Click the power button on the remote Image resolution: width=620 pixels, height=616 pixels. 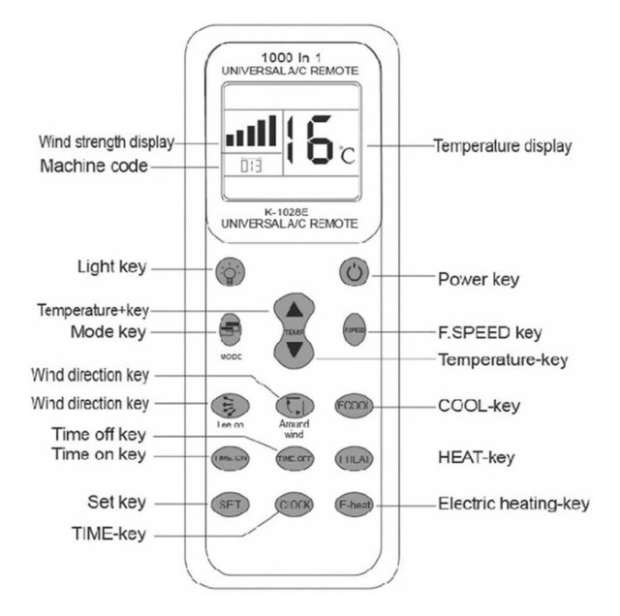click(x=354, y=272)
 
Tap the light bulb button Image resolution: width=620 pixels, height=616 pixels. click(x=229, y=271)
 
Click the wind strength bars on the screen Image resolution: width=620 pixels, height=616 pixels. click(x=251, y=131)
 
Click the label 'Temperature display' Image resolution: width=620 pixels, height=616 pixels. click(x=501, y=146)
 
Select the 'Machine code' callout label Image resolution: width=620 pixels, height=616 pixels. click(x=94, y=166)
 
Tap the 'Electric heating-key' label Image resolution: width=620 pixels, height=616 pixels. click(x=513, y=503)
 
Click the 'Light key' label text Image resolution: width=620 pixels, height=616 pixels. click(x=111, y=266)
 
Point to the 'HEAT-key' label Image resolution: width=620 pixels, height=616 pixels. click(x=476, y=456)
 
